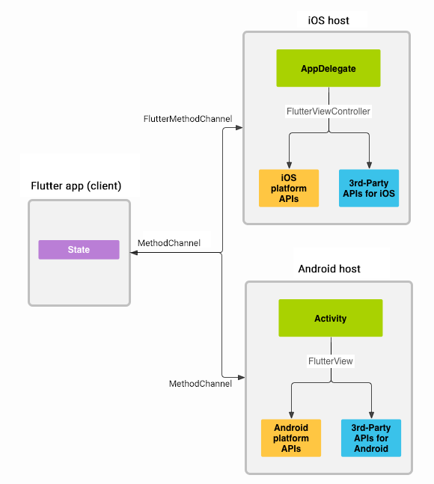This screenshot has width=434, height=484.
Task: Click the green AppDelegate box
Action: pos(328,68)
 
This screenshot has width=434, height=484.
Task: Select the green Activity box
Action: pos(330,318)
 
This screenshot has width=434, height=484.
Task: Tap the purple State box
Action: pos(79,250)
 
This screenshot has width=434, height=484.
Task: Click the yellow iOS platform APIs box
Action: pos(288,188)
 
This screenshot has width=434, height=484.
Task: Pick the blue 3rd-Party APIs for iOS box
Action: pos(369,188)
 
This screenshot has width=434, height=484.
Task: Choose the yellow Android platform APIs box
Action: pos(291,438)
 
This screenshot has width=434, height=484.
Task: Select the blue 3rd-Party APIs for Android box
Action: pos(370,438)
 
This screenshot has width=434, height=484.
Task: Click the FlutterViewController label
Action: pos(328,111)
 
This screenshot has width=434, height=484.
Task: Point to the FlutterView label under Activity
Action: pos(330,361)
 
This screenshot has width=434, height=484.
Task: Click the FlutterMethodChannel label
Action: pos(188,119)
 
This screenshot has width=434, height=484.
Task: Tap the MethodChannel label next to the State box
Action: pos(169,243)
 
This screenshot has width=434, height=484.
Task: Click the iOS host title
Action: pos(328,20)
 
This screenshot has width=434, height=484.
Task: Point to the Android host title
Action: pos(329,269)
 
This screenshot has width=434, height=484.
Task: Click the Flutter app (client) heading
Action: pos(76,186)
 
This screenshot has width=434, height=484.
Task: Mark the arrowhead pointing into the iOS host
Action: pos(239,128)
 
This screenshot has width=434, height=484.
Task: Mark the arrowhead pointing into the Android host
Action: pos(240,376)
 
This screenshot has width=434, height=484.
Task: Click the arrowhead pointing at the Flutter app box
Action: pos(134,254)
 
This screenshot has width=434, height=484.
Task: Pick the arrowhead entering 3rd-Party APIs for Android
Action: pos(370,415)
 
